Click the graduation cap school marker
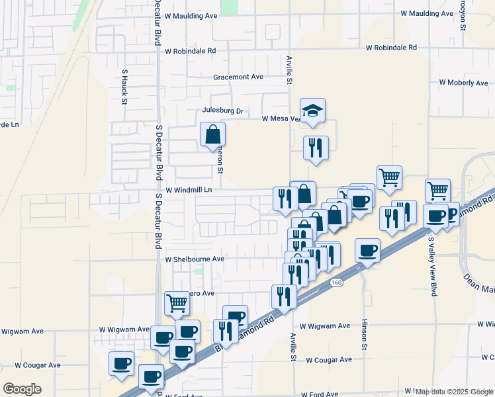point(313,110)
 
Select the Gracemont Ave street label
point(238,77)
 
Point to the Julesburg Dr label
point(224,110)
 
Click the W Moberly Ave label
point(463,83)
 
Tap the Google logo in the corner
point(22,388)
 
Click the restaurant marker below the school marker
point(316,147)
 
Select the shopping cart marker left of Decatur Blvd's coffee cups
point(177,303)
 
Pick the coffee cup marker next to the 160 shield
point(368,251)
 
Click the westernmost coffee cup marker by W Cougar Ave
point(122,363)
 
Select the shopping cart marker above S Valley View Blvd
point(437,191)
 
